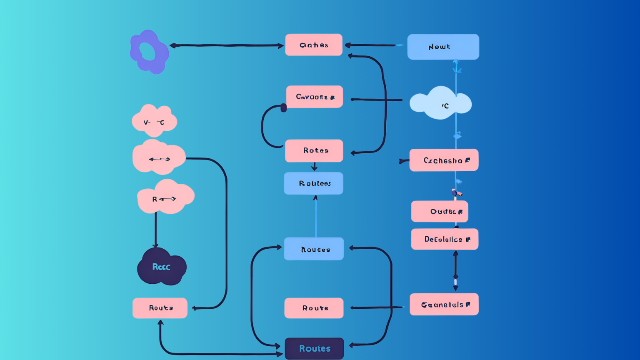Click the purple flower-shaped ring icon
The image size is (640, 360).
149,52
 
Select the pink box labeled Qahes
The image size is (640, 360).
313,45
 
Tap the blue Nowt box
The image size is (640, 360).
443,47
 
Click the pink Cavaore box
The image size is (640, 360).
314,97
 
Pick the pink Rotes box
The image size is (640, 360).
314,150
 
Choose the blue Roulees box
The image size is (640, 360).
313,183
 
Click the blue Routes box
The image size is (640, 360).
313,249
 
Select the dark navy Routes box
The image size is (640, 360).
314,348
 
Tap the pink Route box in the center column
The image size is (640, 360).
314,308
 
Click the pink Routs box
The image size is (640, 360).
160,308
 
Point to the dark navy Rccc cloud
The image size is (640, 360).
161,267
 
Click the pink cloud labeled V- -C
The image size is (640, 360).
154,121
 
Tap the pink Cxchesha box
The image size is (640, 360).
444,160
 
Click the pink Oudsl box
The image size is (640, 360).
440,212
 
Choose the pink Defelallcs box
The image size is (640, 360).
445,239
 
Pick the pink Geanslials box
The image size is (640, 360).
444,305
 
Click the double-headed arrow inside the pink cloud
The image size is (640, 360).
160,159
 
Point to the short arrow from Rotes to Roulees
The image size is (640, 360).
314,167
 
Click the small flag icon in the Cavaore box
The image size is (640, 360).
332,97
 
